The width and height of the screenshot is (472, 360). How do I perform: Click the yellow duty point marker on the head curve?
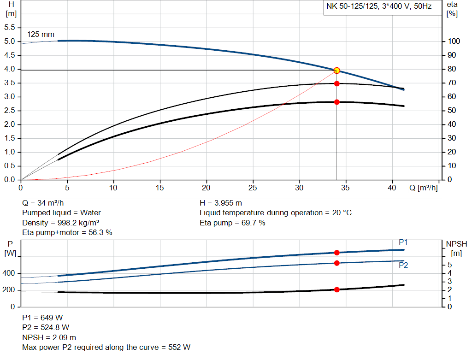(336, 71)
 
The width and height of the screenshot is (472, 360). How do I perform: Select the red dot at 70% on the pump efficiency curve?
(336, 83)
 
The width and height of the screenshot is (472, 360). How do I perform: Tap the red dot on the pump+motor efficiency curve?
(336, 102)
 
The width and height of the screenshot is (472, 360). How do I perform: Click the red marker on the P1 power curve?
(336, 253)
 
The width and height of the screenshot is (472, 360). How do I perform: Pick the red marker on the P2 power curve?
(336, 263)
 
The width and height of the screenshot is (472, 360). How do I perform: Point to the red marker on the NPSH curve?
(336, 289)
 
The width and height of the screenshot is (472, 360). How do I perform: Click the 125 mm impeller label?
(41, 35)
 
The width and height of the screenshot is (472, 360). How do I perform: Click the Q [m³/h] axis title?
(423, 188)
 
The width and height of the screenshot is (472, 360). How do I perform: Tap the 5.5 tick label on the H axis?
(10, 28)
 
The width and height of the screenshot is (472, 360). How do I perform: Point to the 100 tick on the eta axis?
(453, 41)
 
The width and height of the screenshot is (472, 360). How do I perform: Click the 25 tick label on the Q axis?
(253, 188)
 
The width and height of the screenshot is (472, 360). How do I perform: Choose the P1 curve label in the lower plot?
(403, 242)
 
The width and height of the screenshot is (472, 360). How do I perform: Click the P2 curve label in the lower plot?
(403, 265)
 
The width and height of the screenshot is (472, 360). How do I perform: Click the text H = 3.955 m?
(221, 203)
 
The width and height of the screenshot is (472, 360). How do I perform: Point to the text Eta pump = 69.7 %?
(232, 223)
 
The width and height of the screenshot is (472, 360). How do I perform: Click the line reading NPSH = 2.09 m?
(49, 337)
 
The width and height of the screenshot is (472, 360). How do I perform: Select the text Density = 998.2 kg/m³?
(61, 223)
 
